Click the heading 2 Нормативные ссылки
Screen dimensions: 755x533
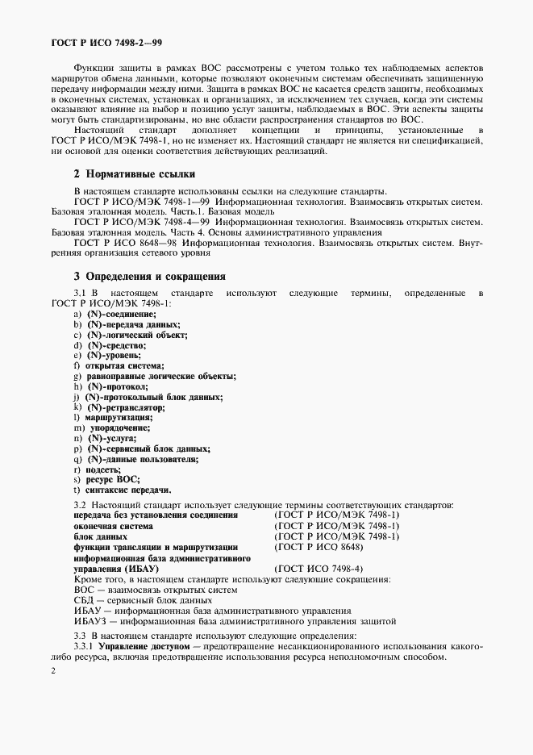tap(134, 174)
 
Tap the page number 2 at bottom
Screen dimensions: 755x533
tap(54, 670)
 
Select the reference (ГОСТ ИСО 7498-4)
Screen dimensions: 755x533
tap(319, 568)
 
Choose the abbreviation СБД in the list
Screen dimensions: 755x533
tap(84, 600)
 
